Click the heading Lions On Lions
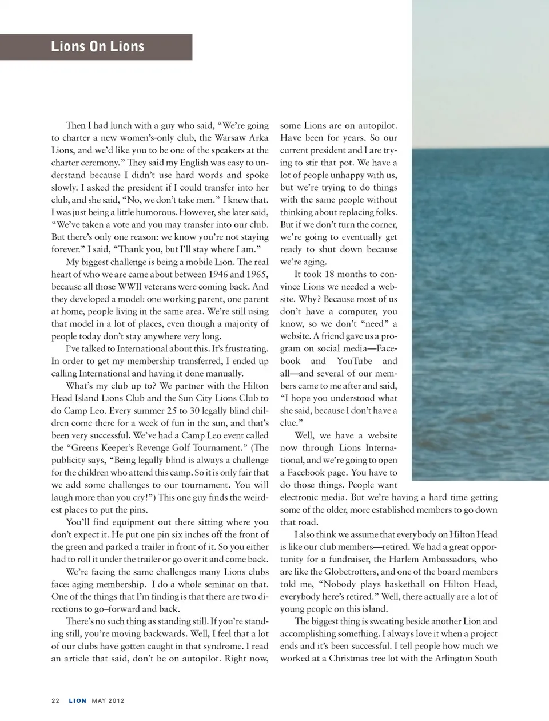tap(97, 46)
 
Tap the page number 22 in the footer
tap(55, 700)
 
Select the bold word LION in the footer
tap(78, 700)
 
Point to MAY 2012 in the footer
tap(108, 700)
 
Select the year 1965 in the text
tap(257, 275)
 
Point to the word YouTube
tap(354, 361)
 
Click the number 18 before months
tap(330, 274)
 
